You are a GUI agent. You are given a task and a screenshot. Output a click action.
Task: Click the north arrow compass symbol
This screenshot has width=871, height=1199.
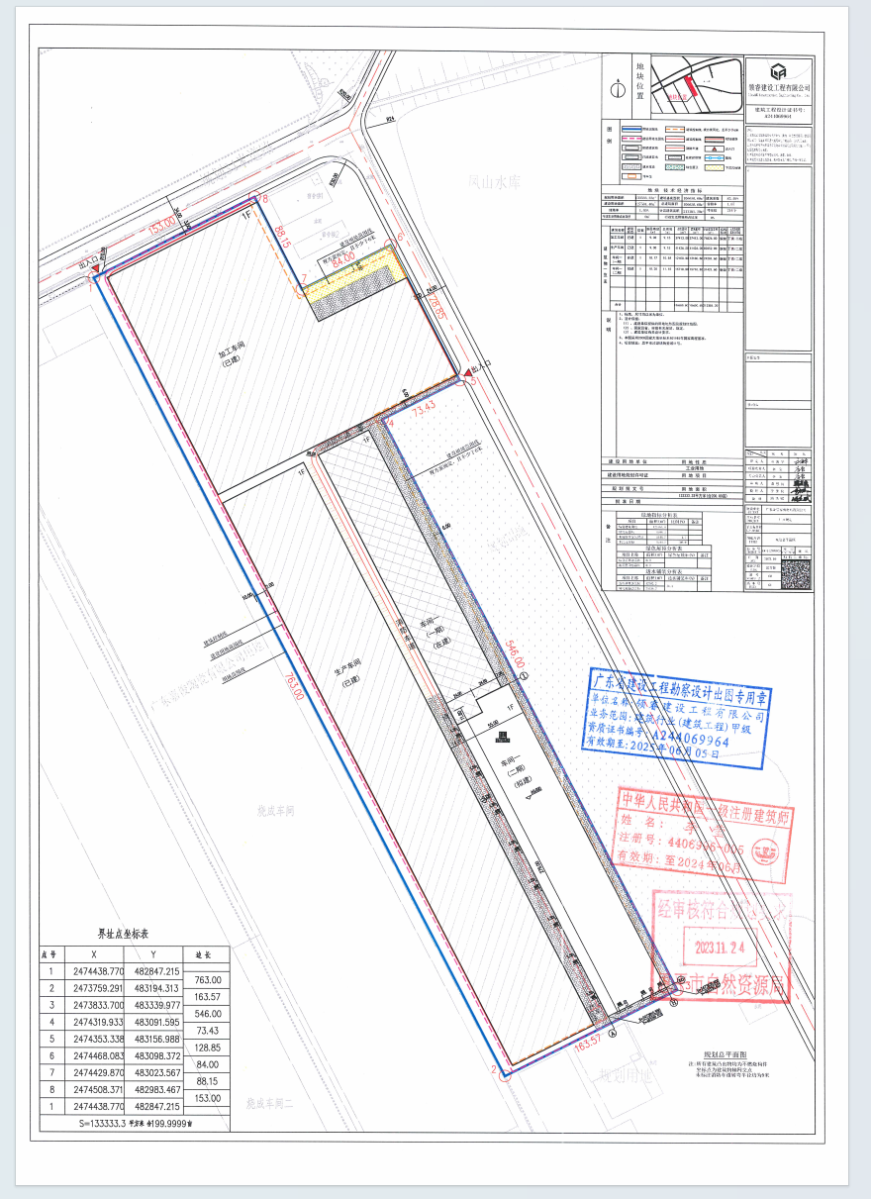pyautogui.click(x=619, y=89)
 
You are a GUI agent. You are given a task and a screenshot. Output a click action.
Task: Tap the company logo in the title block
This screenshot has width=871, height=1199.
pyautogui.click(x=778, y=70)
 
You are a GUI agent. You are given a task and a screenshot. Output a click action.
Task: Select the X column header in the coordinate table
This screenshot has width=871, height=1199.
pyautogui.click(x=92, y=953)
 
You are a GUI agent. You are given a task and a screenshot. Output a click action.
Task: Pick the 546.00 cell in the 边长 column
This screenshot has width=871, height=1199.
pyautogui.click(x=209, y=1013)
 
